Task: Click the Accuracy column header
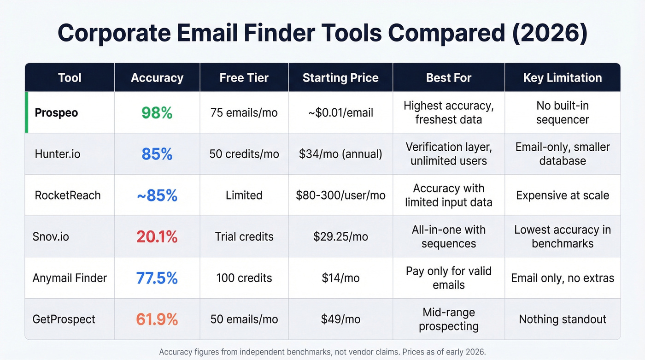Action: click(157, 78)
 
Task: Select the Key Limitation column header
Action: click(563, 78)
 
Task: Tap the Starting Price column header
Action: click(340, 78)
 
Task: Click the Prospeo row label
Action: click(56, 113)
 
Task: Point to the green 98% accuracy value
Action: click(157, 113)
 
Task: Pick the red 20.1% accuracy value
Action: click(157, 237)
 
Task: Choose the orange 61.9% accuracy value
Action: click(157, 319)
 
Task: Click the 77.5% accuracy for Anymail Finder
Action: click(157, 278)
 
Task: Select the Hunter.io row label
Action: click(58, 154)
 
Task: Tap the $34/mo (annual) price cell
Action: click(340, 154)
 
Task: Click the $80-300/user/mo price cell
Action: click(340, 195)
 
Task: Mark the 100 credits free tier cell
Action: click(244, 278)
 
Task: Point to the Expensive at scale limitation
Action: click(563, 195)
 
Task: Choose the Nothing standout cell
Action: click(563, 319)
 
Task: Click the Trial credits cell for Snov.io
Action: click(244, 237)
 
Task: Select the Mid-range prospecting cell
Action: click(449, 319)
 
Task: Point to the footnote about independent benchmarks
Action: click(322, 352)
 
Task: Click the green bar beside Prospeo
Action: click(26, 112)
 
